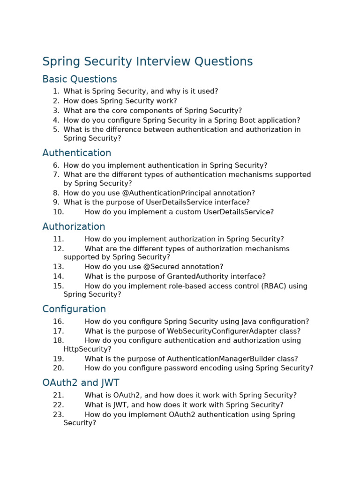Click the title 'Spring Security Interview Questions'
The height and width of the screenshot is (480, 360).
tap(147, 62)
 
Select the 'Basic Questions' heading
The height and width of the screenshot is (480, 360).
tap(80, 79)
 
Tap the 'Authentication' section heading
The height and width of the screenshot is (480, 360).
tap(77, 153)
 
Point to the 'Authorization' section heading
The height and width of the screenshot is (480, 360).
tap(74, 227)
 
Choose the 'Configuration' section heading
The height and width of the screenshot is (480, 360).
tap(74, 309)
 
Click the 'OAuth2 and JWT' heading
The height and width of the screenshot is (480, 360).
tap(81, 383)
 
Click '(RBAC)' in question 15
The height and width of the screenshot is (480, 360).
tap(275, 286)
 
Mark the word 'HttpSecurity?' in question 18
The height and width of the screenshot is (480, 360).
tap(88, 349)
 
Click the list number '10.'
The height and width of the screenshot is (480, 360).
tap(58, 212)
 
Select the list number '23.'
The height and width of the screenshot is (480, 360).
tap(58, 414)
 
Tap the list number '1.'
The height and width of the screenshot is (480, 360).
tap(56, 91)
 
